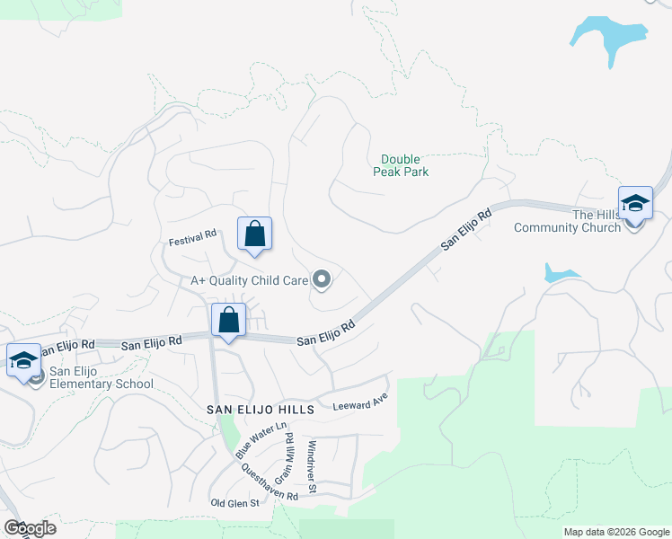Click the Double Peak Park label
tap(401, 164)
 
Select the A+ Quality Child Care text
tap(248, 280)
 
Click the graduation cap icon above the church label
tap(635, 203)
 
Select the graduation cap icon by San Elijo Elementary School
tap(23, 361)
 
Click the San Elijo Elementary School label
tap(101, 377)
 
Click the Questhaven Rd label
tap(269, 488)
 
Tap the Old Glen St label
tap(234, 503)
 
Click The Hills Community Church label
tap(568, 221)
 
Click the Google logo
tap(31, 528)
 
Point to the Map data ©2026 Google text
tap(615, 532)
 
